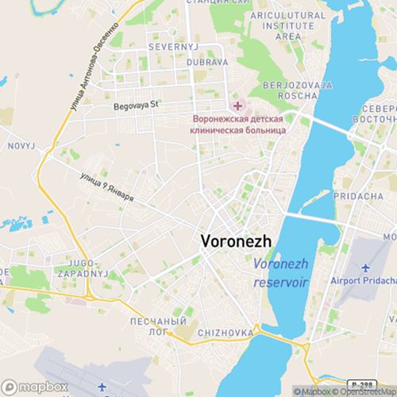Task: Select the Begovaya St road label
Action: point(137,104)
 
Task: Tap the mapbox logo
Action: point(23,387)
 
